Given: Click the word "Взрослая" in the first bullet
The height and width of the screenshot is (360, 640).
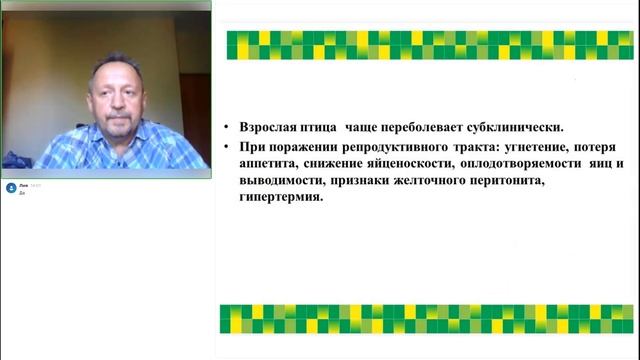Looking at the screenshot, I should tap(269, 128).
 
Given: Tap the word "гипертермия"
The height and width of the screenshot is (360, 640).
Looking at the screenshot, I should tap(280, 197).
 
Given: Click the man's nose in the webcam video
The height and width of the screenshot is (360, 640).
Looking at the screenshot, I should tap(109, 99).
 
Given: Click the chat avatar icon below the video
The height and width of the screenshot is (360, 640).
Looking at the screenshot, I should tap(10, 188).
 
